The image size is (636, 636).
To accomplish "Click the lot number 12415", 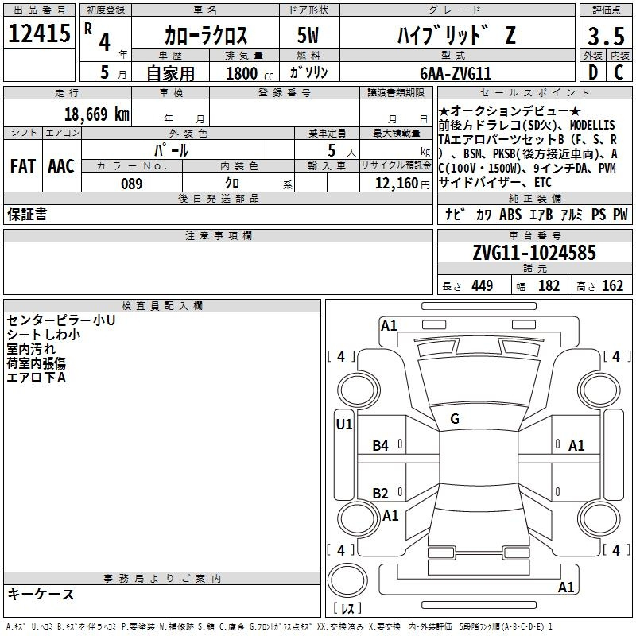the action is tap(39, 33).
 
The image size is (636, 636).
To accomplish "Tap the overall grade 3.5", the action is tap(606, 36).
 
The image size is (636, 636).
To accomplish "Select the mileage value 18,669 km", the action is tap(96, 114).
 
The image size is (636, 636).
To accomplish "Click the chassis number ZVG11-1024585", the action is tap(534, 253).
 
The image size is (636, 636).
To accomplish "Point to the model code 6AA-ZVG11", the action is tap(456, 73).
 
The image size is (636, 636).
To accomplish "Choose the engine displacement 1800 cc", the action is tap(250, 73).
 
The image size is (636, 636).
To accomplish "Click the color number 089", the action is tap(132, 184).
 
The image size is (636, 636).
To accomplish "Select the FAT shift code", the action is tap(23, 166).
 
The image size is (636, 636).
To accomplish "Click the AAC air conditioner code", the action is tap(61, 166).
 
